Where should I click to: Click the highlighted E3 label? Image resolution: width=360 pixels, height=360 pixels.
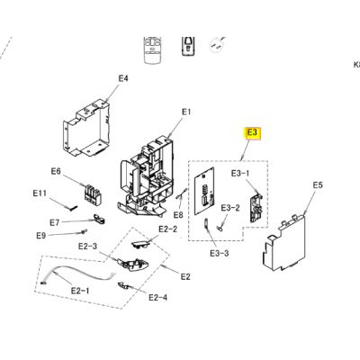click(253, 132)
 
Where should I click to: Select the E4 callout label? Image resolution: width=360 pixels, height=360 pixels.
click(123, 78)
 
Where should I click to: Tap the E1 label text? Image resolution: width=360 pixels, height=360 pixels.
click(186, 112)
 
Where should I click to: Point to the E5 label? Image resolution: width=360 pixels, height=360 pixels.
click(318, 185)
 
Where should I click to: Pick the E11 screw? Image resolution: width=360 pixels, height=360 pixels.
click(74, 208)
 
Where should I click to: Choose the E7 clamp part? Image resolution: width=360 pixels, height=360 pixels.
click(99, 219)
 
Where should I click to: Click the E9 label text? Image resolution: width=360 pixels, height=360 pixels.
click(41, 236)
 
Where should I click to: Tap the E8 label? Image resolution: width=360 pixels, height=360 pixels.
click(178, 215)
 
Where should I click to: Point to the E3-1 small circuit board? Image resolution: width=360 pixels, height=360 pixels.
click(256, 208)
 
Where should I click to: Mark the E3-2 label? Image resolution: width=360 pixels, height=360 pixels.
click(230, 208)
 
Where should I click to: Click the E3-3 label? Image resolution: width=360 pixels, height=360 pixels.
click(220, 254)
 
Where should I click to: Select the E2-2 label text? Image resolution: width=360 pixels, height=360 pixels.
click(168, 229)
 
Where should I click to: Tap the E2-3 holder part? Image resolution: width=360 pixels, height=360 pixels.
click(133, 265)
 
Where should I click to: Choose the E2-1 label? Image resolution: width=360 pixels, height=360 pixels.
click(80, 291)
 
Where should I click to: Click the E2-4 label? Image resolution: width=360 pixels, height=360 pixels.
click(158, 298)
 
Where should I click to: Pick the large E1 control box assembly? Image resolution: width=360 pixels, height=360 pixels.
click(147, 177)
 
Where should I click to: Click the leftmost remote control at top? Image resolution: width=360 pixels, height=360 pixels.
click(153, 49)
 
